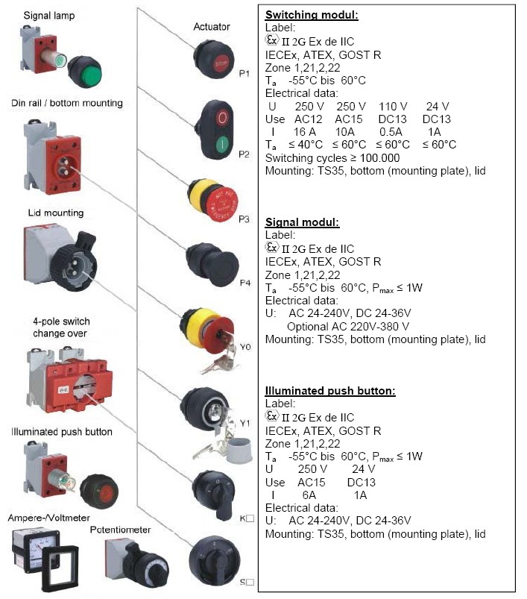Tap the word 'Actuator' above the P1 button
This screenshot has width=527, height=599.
coord(212,27)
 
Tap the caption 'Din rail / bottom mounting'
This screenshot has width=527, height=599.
coord(67,102)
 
